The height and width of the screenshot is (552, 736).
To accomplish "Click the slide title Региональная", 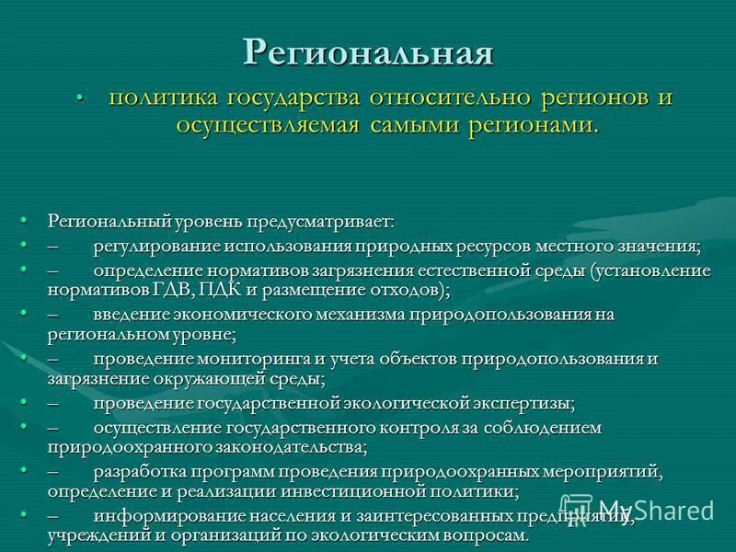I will (368, 52).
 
